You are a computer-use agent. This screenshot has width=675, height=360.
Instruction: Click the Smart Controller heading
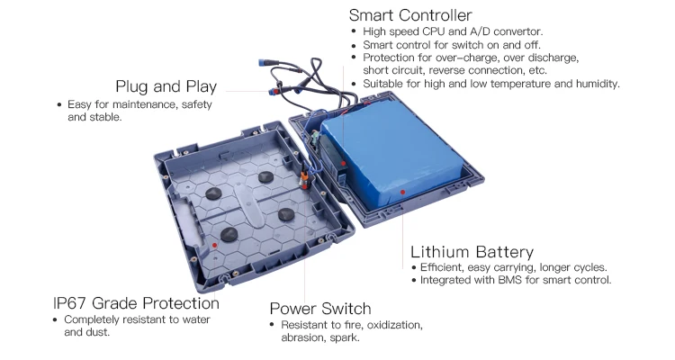[x=410, y=15]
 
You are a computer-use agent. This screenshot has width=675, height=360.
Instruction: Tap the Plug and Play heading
[x=166, y=86]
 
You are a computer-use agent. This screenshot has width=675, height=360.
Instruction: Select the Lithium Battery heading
[x=472, y=251]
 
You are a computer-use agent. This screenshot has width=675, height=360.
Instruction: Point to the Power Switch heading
[x=320, y=309]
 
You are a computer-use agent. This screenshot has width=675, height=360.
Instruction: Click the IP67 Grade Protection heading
[x=136, y=303]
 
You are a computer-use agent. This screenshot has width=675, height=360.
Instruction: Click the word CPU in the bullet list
[x=433, y=31]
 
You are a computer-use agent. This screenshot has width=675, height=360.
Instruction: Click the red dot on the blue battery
[x=402, y=192]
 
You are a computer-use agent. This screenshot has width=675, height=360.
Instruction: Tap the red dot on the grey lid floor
[x=214, y=245]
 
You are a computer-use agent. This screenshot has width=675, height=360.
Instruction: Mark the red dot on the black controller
[x=344, y=164]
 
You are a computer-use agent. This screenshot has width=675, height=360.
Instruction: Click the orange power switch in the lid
[x=304, y=177]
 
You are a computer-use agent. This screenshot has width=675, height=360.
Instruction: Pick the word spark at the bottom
[x=345, y=337]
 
